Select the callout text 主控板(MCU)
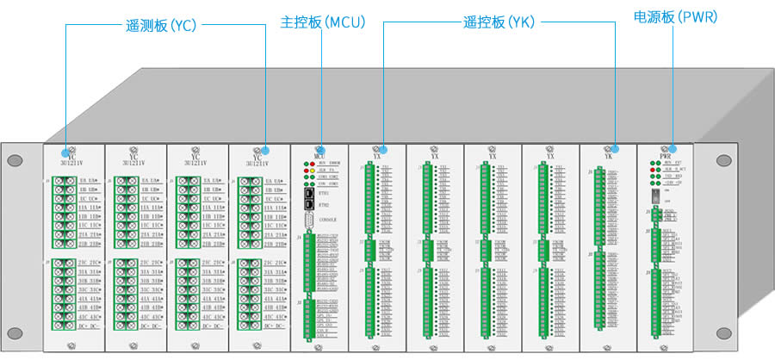323,22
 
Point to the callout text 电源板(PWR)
675,17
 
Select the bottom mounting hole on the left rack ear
15,332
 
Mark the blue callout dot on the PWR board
674,148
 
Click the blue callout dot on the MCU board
321,149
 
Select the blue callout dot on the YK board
617,148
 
